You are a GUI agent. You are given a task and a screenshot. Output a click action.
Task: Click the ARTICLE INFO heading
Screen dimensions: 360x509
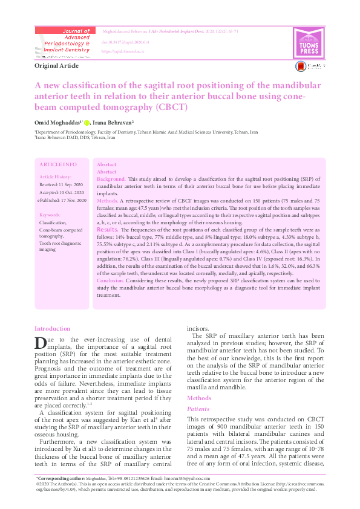click(57, 164)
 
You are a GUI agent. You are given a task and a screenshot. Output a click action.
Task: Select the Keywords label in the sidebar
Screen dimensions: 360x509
click(51, 215)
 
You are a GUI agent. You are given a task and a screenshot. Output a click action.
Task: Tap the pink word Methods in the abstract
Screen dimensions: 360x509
click(107, 199)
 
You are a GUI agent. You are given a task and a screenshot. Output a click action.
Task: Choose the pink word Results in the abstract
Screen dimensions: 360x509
click(106, 230)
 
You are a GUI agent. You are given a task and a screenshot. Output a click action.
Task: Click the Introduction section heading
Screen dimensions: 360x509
click(53, 328)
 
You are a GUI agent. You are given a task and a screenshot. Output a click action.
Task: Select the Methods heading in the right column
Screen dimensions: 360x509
click(199, 398)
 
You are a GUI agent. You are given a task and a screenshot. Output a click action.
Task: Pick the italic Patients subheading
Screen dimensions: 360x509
click(198, 409)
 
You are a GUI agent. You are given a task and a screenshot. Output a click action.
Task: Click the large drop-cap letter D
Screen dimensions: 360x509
click(41, 343)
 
